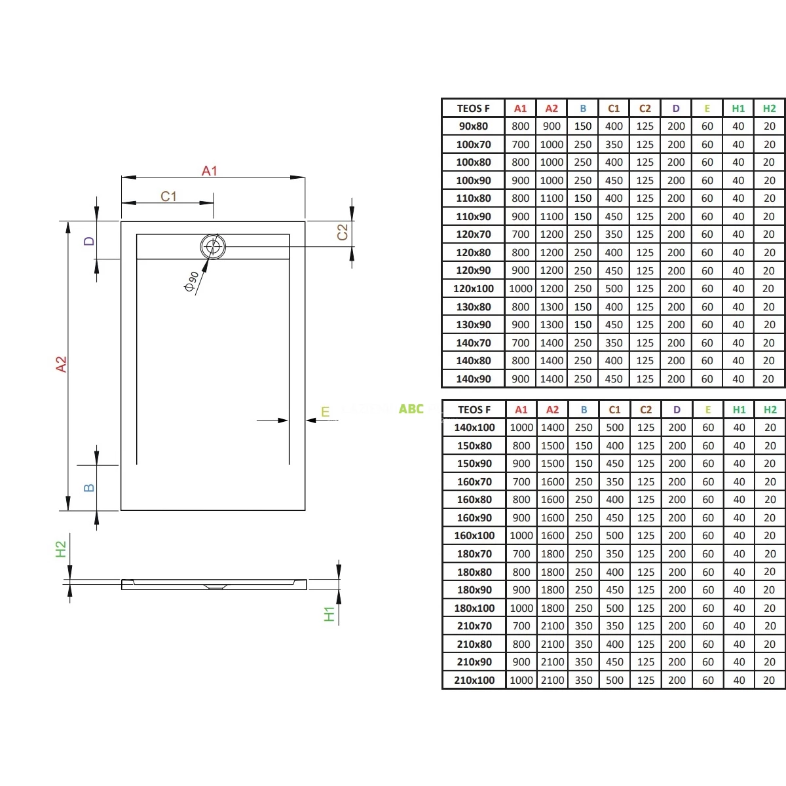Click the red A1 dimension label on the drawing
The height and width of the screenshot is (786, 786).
pos(209,171)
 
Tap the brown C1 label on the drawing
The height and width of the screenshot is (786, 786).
pos(168,196)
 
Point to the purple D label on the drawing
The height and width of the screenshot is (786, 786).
pos(89,241)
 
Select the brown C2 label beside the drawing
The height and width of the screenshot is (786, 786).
pos(342,232)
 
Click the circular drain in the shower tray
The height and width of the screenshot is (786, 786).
pos(212,246)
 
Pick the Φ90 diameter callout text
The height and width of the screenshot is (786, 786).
pos(191,282)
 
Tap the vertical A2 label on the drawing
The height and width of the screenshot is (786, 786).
pos(61,364)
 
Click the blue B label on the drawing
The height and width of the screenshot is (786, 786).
pos(89,488)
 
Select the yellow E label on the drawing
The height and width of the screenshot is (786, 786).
pos(325,411)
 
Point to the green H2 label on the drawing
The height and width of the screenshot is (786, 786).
pos(60,549)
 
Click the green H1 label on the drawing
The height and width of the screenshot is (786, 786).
pos(329,614)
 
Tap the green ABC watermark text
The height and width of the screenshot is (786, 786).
pos(411,409)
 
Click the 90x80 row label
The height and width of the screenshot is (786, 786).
pos(473,126)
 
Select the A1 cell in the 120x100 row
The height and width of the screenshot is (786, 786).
pos(521,289)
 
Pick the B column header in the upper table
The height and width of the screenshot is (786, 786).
pos(583,109)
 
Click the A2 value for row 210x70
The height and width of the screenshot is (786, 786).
pos(552,626)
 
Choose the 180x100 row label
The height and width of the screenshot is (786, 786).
pos(474,608)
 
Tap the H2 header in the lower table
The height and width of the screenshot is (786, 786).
pos(770,409)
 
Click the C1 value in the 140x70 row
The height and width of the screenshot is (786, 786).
pos(614,343)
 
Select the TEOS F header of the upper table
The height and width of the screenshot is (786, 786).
pos(473,109)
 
